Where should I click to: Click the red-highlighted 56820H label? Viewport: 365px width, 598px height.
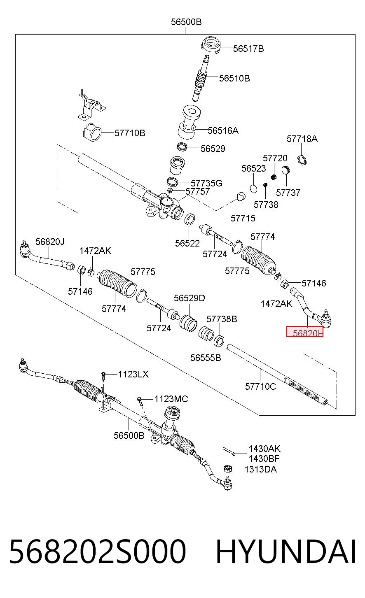point(305,332)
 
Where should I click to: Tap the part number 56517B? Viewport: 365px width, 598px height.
point(248,49)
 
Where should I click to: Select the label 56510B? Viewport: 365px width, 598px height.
point(234,78)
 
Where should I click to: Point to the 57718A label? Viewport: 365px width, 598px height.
point(302,139)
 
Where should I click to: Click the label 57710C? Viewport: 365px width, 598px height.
point(260,386)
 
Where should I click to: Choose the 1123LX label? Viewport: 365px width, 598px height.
point(133,374)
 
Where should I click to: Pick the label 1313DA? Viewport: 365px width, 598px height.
point(261,469)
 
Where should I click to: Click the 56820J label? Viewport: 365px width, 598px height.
point(50,242)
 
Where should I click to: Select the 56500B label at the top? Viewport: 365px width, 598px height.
point(186,22)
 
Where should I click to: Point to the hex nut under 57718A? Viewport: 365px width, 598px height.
point(302,160)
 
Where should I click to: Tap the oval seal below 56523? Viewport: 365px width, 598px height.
point(254,188)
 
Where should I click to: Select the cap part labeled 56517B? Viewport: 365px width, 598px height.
point(211,45)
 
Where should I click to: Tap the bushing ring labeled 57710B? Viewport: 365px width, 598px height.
point(92,133)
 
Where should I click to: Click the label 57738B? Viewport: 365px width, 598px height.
point(222,319)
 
